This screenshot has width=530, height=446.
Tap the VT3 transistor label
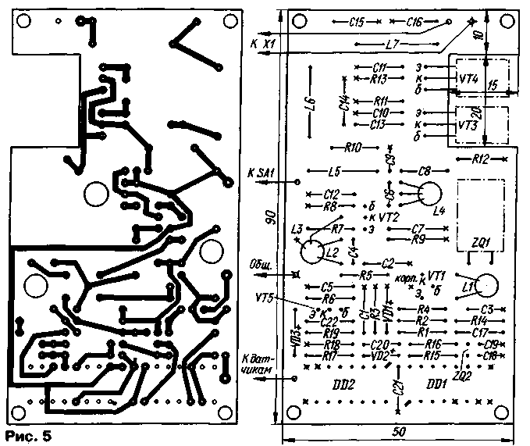click(x=467, y=124)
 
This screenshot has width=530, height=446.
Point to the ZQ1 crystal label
click(x=479, y=243)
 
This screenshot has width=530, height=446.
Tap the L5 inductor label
click(x=335, y=170)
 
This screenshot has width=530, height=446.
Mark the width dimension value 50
click(x=399, y=432)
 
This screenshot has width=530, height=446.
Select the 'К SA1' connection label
click(x=260, y=171)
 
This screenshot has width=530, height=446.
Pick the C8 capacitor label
click(x=425, y=170)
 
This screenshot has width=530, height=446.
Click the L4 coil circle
click(x=428, y=194)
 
